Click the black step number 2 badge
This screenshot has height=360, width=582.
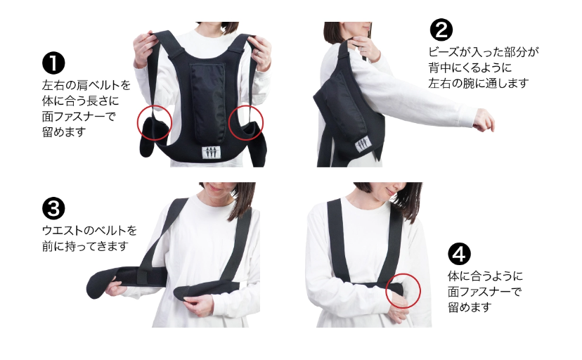coord(441,30)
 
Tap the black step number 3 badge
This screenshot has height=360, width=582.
coord(53,209)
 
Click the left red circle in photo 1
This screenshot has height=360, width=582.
coord(154,122)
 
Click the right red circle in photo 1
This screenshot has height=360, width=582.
coord(246,122)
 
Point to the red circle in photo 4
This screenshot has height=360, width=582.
coord(403,290)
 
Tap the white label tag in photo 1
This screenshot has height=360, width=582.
coord(211,151)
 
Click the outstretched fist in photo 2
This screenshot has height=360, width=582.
coord(483,122)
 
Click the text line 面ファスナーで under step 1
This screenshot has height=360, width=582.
coord(78,116)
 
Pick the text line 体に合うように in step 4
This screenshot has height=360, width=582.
coord(485,276)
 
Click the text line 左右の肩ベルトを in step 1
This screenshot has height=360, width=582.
coord(86,86)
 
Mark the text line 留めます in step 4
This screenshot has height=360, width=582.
coord(468,307)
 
